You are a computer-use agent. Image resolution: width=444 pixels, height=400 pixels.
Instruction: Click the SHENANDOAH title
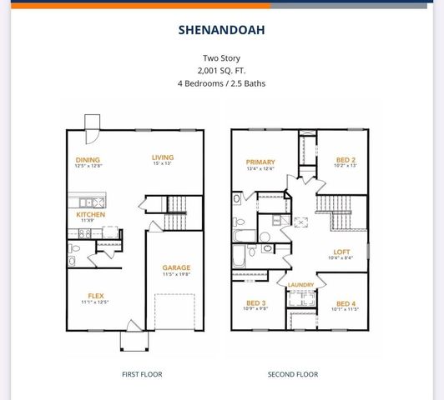pos(221,30)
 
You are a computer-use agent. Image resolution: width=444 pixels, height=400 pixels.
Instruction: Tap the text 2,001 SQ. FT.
pos(221,71)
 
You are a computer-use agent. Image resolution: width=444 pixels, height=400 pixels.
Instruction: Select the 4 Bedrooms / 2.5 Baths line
pos(221,83)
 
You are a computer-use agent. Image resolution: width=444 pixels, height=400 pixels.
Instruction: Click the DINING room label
pos(88,160)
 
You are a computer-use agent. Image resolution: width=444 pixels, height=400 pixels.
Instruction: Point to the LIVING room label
pos(162,157)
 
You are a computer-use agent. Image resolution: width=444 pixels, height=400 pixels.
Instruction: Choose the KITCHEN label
pos(90,214)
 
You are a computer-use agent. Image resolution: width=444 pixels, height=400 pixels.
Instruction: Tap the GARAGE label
pos(176,267)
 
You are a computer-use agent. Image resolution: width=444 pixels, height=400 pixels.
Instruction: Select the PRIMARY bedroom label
pos(260,162)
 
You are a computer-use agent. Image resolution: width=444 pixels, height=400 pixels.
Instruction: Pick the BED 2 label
pos(346,159)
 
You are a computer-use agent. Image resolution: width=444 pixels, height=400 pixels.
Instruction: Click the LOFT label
pos(341,252)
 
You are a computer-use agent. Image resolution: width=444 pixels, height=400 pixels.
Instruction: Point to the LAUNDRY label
pos(300,285)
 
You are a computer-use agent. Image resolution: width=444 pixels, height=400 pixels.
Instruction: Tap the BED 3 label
pos(256,302)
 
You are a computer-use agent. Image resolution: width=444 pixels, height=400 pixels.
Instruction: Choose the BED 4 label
pos(346,303)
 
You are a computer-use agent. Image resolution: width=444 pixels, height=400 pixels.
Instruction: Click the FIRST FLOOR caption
pos(142,374)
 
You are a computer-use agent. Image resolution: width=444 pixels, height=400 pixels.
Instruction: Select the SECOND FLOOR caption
pos(293,374)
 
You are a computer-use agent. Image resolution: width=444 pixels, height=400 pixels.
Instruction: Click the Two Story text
pos(221,58)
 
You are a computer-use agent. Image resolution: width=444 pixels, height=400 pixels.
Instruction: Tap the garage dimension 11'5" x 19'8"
pos(176,274)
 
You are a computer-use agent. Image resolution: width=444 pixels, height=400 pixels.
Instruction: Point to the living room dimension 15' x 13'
pos(162,164)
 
